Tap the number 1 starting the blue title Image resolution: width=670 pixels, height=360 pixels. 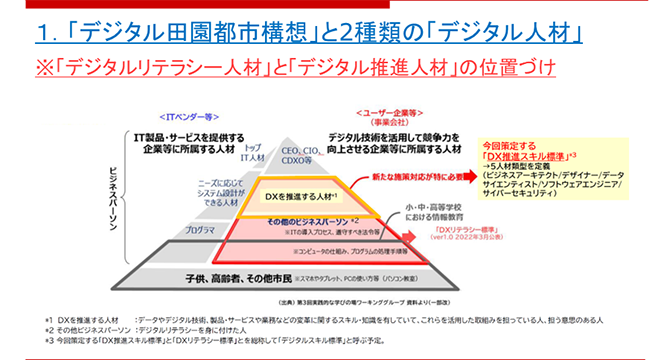[42, 34]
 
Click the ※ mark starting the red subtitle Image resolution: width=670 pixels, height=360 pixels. [43, 70]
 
